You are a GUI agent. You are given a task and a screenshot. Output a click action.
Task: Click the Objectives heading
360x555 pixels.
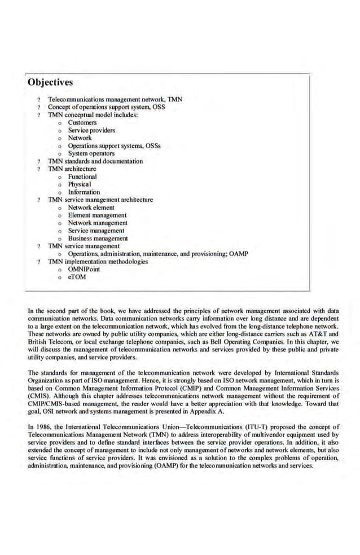[x=50, y=83]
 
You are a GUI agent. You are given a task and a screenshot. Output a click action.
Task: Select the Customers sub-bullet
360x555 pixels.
[x=82, y=122]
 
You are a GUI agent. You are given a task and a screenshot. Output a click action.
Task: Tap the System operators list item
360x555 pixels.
[x=91, y=153]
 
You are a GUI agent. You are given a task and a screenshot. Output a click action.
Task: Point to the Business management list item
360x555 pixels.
[x=98, y=239]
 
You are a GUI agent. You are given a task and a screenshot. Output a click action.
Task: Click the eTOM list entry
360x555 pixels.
[x=77, y=277]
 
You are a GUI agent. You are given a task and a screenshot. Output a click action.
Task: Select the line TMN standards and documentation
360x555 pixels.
[x=95, y=161]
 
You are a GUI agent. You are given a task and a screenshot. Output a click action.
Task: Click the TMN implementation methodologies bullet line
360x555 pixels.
[x=98, y=262]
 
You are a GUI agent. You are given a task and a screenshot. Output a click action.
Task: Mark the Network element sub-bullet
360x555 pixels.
[x=91, y=208]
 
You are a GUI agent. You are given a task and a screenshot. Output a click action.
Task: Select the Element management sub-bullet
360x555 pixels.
[x=97, y=215]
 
